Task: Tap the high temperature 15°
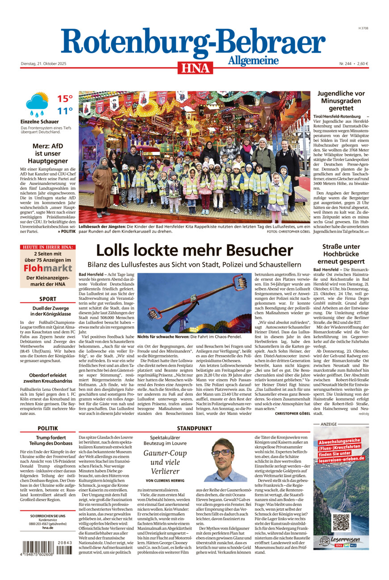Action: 65,99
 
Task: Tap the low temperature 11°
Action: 65,111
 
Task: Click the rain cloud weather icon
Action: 37,104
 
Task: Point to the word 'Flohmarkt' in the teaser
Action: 48,268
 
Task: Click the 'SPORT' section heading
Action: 48,299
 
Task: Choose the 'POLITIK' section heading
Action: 48,428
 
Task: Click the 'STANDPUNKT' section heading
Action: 194,428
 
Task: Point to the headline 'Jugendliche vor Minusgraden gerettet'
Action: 341,101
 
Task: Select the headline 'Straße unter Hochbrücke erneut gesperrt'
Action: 341,254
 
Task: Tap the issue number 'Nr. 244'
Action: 346,63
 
